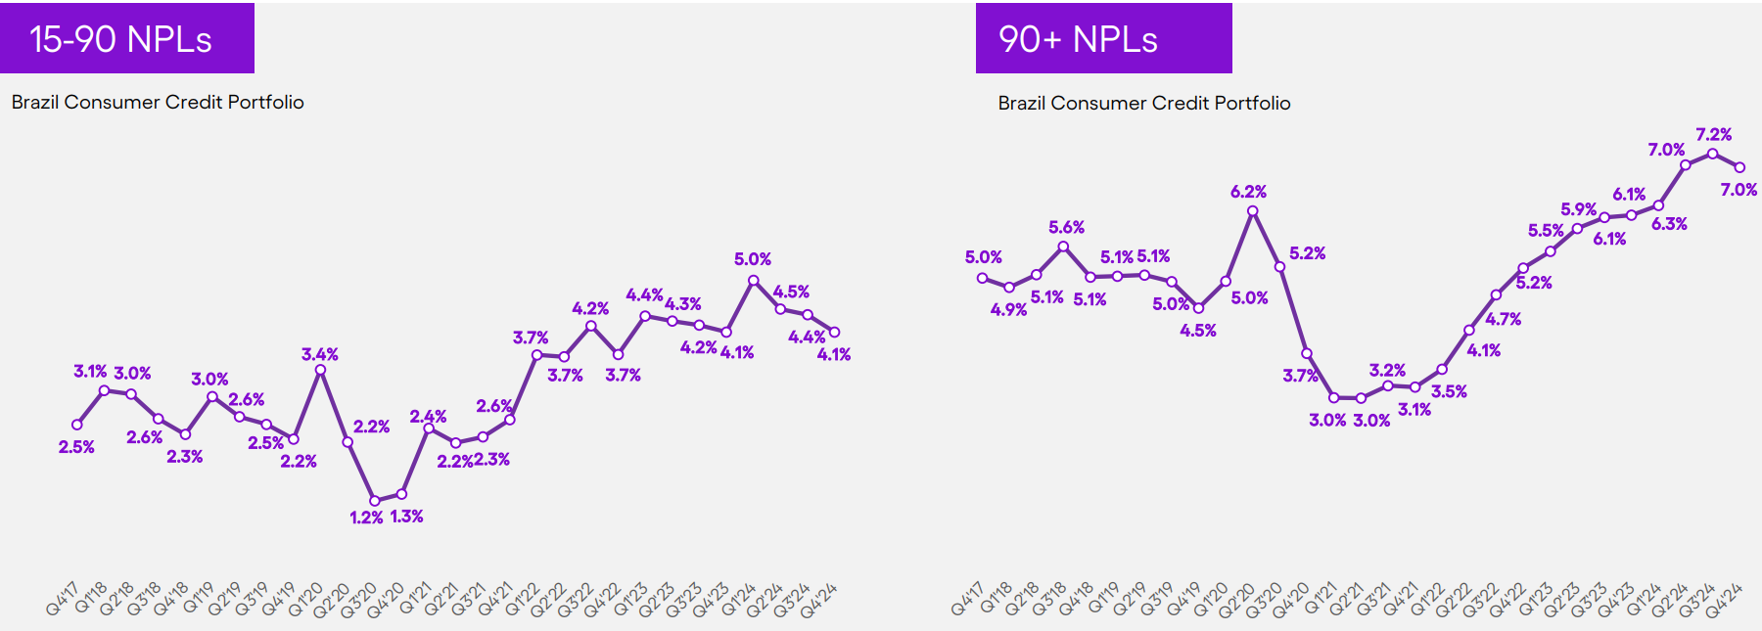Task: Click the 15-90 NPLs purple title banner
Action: tap(126, 38)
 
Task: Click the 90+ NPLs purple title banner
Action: tap(1103, 38)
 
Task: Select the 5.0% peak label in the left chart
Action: tap(753, 259)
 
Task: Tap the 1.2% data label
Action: tap(366, 518)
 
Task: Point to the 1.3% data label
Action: tap(406, 517)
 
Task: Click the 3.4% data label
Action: tap(319, 354)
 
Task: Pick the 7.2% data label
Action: tap(1713, 135)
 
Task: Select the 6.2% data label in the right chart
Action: tap(1248, 192)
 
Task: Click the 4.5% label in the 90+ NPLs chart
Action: tap(1197, 331)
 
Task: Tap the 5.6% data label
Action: tap(1066, 227)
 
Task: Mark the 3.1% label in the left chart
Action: tap(90, 372)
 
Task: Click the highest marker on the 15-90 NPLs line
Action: tap(753, 281)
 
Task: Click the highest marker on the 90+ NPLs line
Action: tap(1712, 154)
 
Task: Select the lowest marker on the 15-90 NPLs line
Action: tap(374, 501)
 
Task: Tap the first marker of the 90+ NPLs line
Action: tap(982, 278)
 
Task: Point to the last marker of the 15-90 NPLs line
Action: tap(834, 333)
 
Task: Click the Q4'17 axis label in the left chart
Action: tap(62, 600)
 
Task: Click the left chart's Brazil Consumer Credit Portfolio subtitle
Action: tap(158, 102)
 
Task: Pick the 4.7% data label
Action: tap(1503, 319)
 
